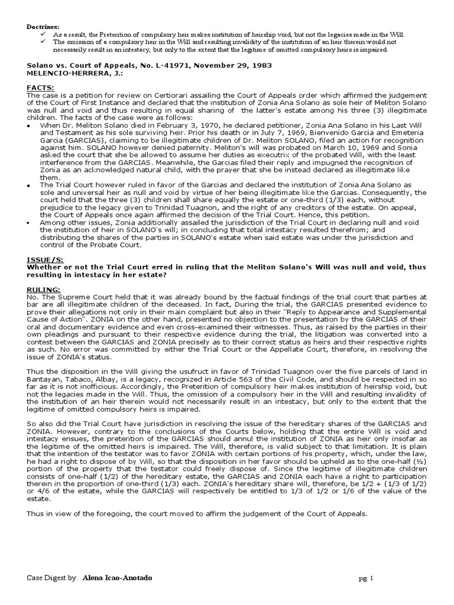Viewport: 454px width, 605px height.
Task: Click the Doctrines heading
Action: (43, 27)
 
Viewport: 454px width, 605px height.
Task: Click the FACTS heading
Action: (40, 87)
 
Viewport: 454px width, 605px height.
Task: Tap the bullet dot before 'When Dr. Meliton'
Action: (30, 126)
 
